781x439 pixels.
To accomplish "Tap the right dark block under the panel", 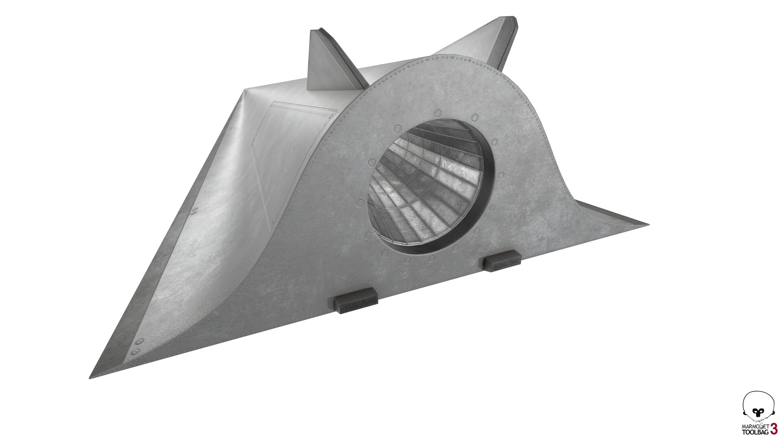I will click(x=502, y=260).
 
